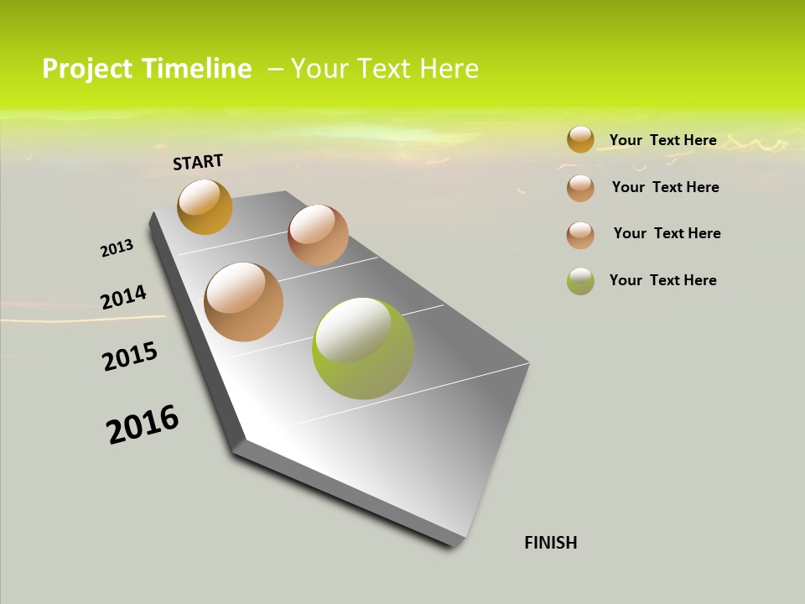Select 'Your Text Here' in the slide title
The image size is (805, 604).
click(x=385, y=69)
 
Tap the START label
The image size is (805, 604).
click(x=198, y=162)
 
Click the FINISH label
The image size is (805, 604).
click(x=551, y=543)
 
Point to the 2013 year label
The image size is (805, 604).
click(x=117, y=248)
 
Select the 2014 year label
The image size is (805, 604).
click(x=123, y=298)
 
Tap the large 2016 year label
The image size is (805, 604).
click(x=143, y=424)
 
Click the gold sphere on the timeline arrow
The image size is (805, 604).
click(x=205, y=206)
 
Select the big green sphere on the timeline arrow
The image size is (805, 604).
click(x=362, y=348)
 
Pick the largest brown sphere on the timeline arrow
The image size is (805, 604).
click(x=243, y=302)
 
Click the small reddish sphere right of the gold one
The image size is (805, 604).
click(x=318, y=235)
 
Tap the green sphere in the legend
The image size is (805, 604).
click(x=580, y=281)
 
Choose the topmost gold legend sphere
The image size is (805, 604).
click(x=580, y=139)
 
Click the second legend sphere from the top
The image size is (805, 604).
click(x=580, y=188)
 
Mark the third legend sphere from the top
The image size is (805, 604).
click(x=580, y=235)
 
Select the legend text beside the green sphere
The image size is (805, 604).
click(x=662, y=280)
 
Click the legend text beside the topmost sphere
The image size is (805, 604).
click(x=662, y=140)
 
